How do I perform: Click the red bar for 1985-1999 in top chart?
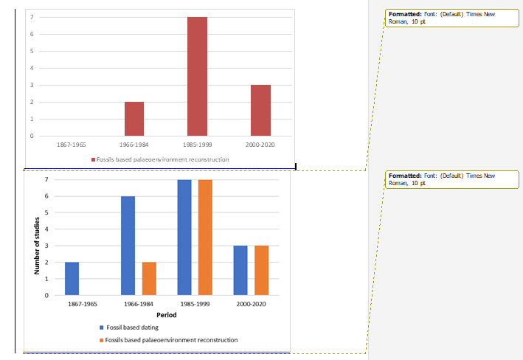[197, 77]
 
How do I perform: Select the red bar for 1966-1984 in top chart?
[134, 119]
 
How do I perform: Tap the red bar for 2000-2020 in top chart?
[260, 111]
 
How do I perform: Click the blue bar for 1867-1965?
[72, 279]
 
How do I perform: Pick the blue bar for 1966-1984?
[128, 246]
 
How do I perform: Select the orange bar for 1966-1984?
[150, 279]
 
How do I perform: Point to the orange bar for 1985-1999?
[206, 238]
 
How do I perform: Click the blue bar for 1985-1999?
[184, 238]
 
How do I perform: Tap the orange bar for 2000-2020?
[262, 271]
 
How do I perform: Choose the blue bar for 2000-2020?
[240, 271]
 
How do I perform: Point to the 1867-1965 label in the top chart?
[72, 145]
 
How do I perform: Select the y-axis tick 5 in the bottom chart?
[46, 213]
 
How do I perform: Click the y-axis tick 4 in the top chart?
[32, 68]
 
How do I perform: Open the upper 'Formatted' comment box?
[452, 18]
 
